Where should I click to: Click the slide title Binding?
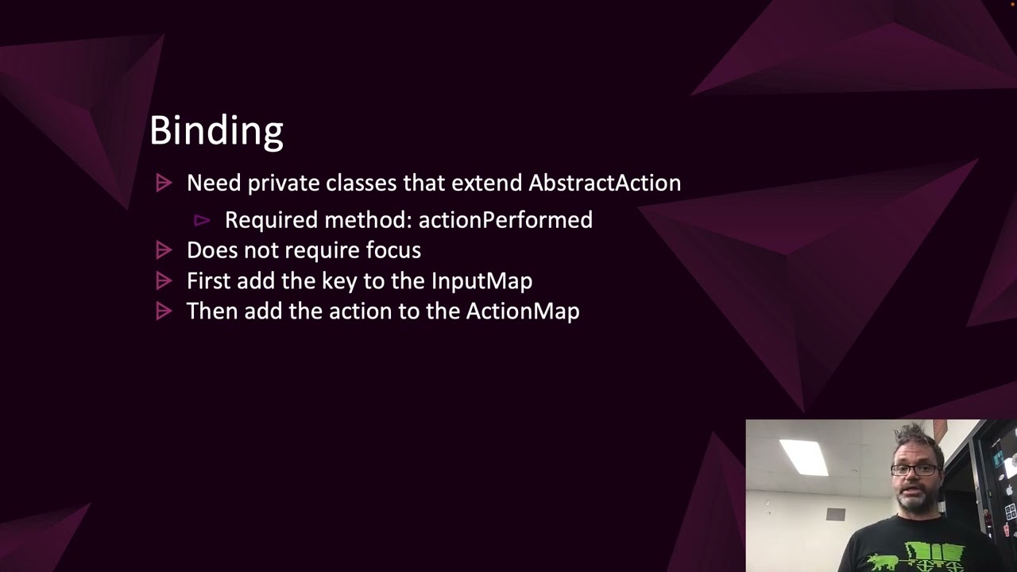tap(216, 131)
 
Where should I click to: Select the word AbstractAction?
tap(605, 183)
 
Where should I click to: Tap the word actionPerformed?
tap(505, 220)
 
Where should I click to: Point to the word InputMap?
tap(481, 281)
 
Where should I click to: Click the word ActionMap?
tap(522, 311)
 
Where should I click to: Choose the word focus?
tap(392, 250)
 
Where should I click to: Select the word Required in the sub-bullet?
tap(260, 220)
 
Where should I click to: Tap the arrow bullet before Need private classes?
tap(164, 184)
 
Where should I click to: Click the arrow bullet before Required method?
tap(202, 220)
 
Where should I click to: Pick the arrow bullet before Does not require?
tap(164, 250)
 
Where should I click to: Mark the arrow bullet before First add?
tap(164, 280)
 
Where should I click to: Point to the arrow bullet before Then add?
tap(164, 311)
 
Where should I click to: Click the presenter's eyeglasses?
tap(914, 470)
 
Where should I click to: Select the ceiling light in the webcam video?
tap(804, 457)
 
